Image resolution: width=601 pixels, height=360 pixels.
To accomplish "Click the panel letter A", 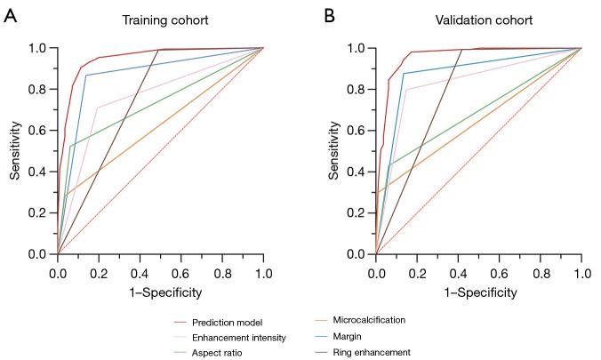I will tap(11, 16).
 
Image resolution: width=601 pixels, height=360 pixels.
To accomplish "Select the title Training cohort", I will tap(161, 19).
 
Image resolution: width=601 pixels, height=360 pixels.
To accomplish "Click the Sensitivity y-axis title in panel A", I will tap(15, 151).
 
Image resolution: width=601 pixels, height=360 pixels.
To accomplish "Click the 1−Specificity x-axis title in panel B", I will tap(478, 292).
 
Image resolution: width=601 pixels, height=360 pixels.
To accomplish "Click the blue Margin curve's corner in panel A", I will tap(85, 75).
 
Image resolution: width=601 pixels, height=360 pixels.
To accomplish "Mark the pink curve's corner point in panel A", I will tap(98, 108).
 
